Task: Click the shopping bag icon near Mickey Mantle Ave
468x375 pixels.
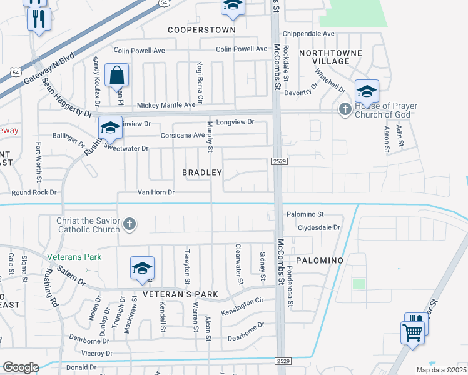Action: pos(117,76)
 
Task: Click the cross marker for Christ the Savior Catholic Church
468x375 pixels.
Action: pos(130,224)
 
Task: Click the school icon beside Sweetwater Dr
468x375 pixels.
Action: pos(110,128)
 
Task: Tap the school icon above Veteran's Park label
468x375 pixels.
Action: pos(142,269)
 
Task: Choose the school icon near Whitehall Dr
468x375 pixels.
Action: pos(367,92)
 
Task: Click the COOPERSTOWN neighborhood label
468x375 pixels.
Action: pos(201,30)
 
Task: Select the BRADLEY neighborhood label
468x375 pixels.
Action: pos(202,172)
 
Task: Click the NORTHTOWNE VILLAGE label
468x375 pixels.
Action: pos(324,57)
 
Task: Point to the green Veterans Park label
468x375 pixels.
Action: pos(74,257)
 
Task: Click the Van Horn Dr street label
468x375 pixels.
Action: pos(156,192)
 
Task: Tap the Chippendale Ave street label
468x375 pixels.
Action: pos(309,34)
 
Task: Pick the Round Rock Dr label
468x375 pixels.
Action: pos(34,192)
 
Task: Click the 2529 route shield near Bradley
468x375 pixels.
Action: pos(279,162)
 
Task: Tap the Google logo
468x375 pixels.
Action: pos(20,367)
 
